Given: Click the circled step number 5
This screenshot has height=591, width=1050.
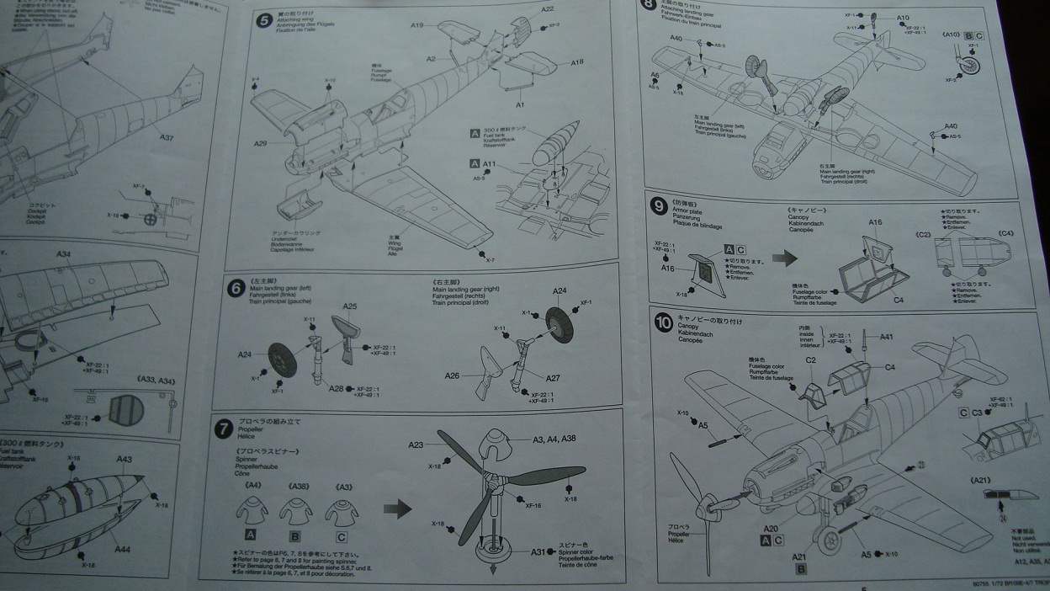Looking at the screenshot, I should (x=263, y=19).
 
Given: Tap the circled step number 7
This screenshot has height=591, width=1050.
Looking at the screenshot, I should (x=223, y=429).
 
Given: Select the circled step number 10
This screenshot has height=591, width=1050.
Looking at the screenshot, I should (x=663, y=322).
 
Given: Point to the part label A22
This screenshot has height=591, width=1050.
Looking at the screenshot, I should (x=547, y=9).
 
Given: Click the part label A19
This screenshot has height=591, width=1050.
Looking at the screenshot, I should (x=417, y=25).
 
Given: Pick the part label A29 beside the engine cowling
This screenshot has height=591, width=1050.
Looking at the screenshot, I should (x=260, y=144).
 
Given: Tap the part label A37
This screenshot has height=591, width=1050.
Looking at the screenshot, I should (x=167, y=137).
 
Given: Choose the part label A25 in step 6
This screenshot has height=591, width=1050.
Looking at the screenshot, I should (x=350, y=306).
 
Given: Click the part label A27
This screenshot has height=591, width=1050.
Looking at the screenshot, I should (x=553, y=378).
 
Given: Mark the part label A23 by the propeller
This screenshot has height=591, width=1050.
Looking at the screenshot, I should (x=416, y=445).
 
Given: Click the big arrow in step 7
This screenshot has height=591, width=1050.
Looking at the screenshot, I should (x=397, y=508).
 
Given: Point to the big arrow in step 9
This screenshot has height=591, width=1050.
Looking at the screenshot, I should (x=784, y=258).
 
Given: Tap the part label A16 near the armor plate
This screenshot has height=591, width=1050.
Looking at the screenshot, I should (x=668, y=268).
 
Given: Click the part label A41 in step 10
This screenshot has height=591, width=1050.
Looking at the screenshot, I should (x=886, y=337).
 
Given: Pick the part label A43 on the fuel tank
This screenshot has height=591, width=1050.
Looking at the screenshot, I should (x=124, y=459).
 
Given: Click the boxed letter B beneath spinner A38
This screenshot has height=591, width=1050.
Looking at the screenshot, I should (x=295, y=534).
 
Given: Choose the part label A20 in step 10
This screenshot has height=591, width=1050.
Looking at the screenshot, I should (x=772, y=528).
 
